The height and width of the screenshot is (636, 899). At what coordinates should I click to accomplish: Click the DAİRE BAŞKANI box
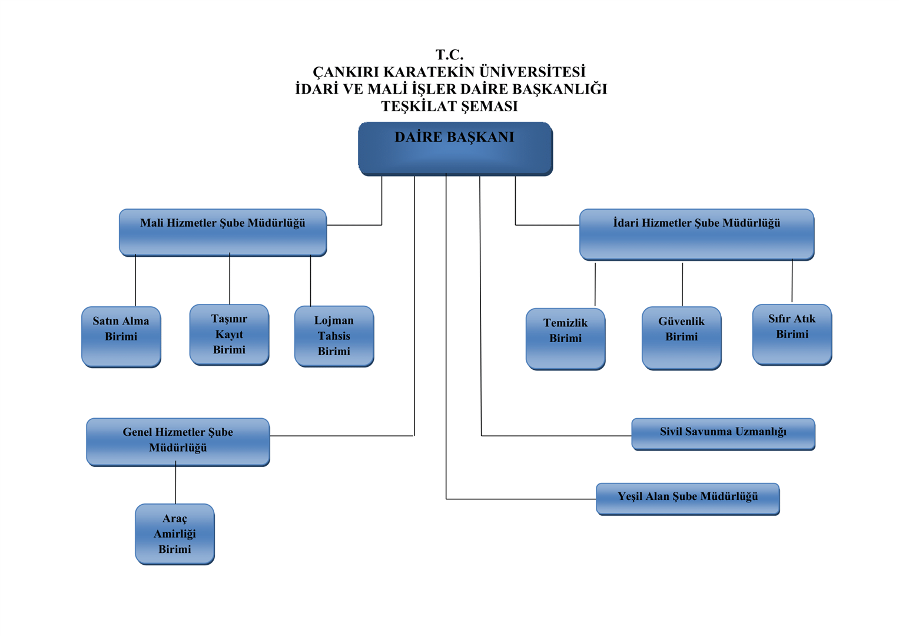click(455, 148)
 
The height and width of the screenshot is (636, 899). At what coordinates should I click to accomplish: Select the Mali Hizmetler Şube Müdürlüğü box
click(223, 232)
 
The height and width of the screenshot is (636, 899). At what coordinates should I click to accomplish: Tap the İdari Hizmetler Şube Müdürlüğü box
click(696, 234)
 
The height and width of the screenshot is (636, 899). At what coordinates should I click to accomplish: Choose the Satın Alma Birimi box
click(121, 336)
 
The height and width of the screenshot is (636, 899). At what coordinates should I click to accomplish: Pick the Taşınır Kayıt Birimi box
click(229, 334)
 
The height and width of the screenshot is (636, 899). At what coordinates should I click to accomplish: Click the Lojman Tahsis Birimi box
click(334, 336)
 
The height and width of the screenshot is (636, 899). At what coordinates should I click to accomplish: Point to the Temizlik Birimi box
click(565, 339)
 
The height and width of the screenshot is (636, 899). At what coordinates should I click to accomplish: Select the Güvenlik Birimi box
click(681, 337)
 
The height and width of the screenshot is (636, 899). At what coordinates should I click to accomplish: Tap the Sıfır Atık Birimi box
click(792, 334)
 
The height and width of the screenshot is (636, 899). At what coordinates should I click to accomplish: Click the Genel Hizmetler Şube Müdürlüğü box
click(178, 441)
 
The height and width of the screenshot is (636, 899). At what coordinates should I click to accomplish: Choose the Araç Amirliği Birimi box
click(175, 534)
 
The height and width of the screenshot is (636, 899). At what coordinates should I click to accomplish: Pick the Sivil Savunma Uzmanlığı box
click(723, 433)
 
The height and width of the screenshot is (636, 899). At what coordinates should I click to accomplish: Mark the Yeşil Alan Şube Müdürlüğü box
click(688, 498)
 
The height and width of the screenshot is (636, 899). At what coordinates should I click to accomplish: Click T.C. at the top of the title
click(449, 55)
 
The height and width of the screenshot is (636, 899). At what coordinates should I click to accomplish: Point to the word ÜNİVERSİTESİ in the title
click(532, 72)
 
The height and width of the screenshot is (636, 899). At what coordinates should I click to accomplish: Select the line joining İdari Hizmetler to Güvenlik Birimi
click(682, 284)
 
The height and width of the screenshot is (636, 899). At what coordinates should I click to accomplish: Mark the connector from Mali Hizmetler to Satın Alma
click(135, 281)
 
